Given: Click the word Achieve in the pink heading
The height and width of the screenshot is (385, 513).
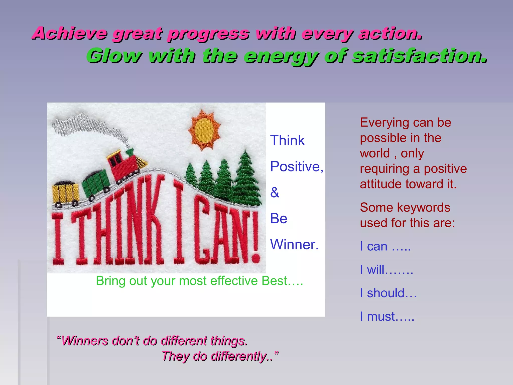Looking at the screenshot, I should pyautogui.click(x=70, y=33).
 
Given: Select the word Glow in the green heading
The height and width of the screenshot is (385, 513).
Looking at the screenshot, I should pyautogui.click(x=114, y=56).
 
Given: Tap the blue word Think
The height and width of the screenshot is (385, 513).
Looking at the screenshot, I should pyautogui.click(x=287, y=140).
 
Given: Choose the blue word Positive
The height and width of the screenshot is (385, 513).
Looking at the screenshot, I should pyautogui.click(x=296, y=166).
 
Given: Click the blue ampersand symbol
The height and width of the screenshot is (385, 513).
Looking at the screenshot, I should pyautogui.click(x=275, y=192).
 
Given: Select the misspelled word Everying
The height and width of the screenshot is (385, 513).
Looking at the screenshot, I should pyautogui.click(x=383, y=123).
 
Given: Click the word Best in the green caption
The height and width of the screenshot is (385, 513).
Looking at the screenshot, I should pyautogui.click(x=274, y=281).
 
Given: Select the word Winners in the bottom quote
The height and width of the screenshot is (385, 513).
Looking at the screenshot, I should pyautogui.click(x=85, y=341).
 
